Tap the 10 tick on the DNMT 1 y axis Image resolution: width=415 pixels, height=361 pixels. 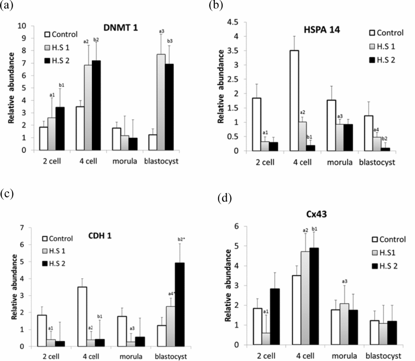coord(23,26)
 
